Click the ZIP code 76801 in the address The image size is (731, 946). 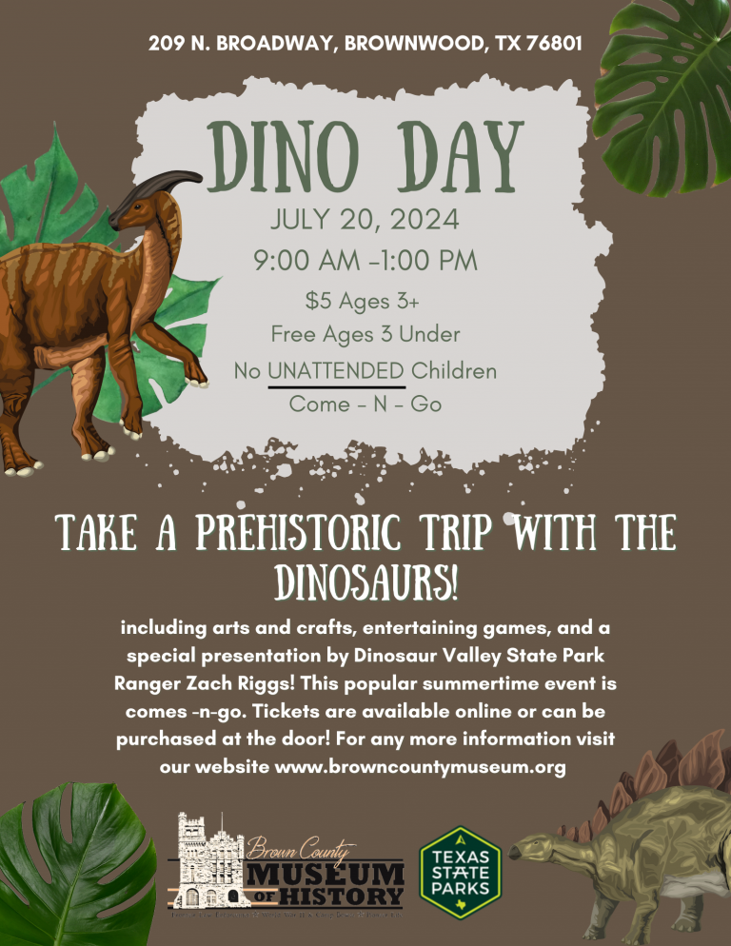pyautogui.click(x=554, y=44)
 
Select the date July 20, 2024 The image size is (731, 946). pyautogui.click(x=365, y=219)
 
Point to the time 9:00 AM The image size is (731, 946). pyautogui.click(x=306, y=261)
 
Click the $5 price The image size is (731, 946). pyautogui.click(x=318, y=301)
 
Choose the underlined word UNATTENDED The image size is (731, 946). pyautogui.click(x=336, y=370)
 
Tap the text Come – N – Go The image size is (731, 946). pyautogui.click(x=365, y=404)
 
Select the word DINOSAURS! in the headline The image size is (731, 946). pyautogui.click(x=365, y=582)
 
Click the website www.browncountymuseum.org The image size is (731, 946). pyautogui.click(x=420, y=767)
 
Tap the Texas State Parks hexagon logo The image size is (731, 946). pyautogui.click(x=461, y=873)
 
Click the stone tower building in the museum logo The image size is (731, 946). pyautogui.click(x=208, y=861)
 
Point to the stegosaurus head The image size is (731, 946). pyautogui.click(x=531, y=847)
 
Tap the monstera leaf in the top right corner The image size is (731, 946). pyautogui.click(x=662, y=96)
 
